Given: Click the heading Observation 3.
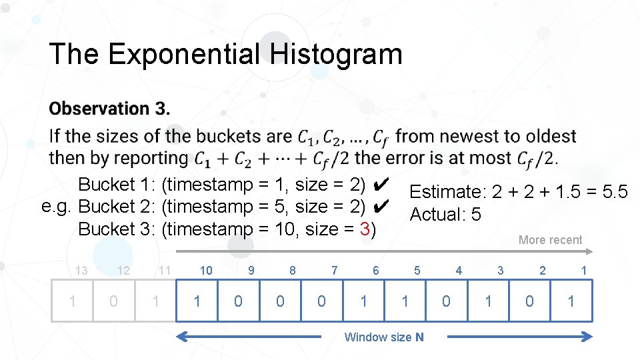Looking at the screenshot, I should coord(109,108).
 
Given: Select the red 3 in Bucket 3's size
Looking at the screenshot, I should coord(365,229).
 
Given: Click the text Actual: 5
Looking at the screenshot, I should coord(445,215).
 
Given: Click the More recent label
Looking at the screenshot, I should coord(550,240).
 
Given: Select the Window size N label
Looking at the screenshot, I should coord(383,337).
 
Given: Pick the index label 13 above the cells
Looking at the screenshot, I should coord(81,270).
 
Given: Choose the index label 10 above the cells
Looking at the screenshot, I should coord(206,270).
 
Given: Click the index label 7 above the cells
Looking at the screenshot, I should coord(334,270).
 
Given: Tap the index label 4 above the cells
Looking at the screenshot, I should coord(459,270).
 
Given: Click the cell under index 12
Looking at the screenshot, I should coord(113,301).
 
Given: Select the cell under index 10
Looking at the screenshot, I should coord(197,301).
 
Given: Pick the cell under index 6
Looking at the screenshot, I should coord(363,301).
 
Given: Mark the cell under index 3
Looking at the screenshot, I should coord(488,301).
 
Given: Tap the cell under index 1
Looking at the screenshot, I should coord(571,301).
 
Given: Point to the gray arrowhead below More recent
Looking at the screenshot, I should coord(589,251).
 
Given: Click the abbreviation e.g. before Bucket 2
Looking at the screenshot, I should coord(56,206).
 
